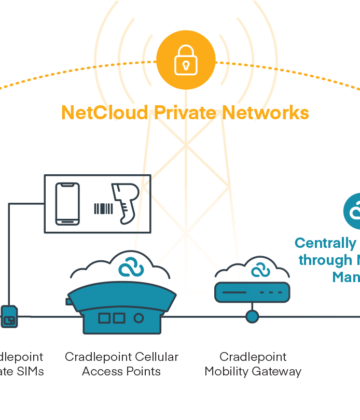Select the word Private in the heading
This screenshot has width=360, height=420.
tap(186, 113)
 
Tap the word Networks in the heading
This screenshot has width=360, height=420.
tap(264, 113)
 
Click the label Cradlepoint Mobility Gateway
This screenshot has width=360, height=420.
tap(251, 364)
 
